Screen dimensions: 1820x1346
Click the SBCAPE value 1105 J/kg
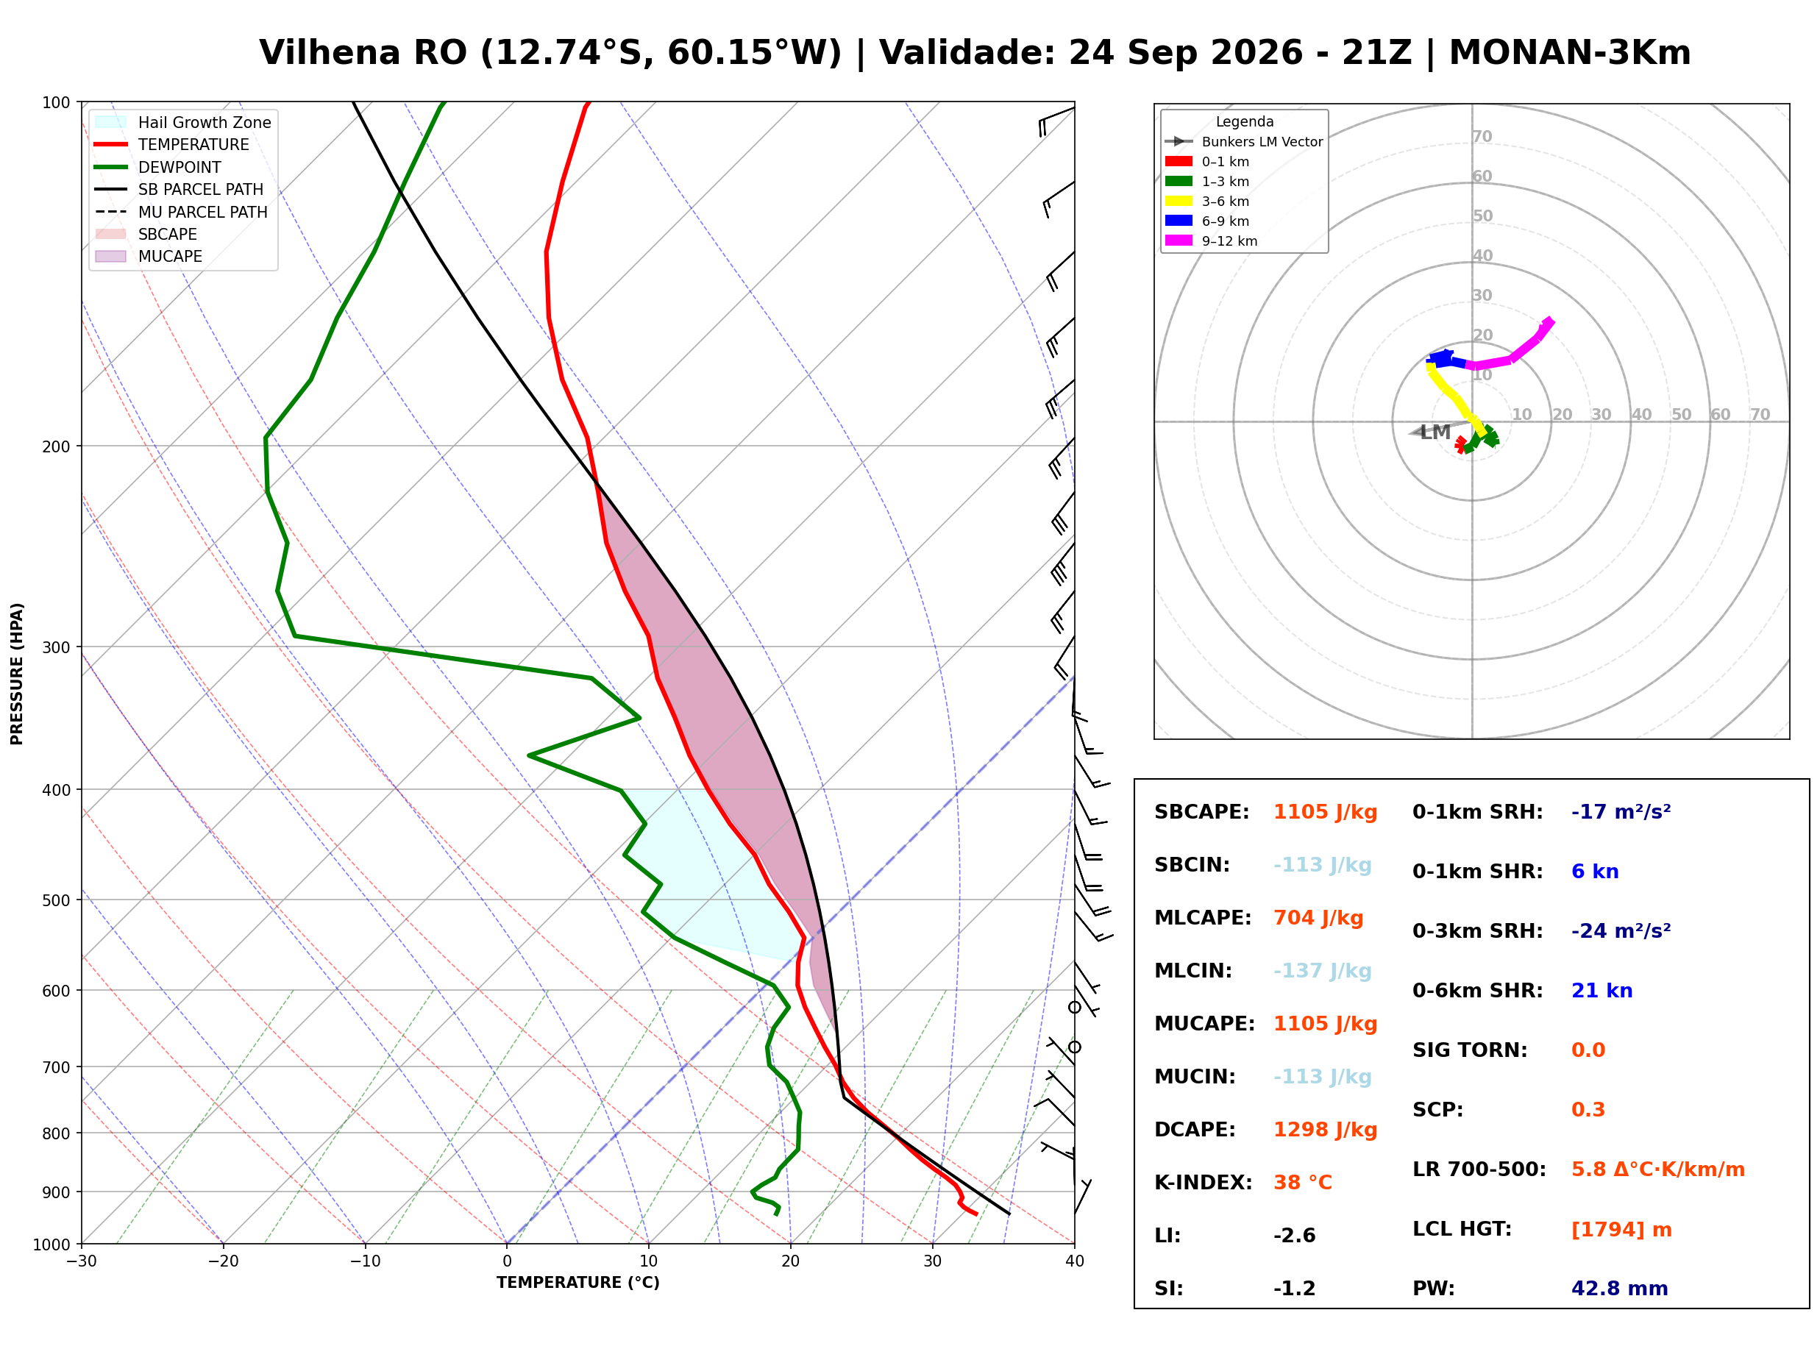tap(1326, 812)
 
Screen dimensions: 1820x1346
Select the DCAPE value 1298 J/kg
tap(1326, 1130)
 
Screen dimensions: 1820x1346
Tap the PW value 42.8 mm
tap(1620, 1289)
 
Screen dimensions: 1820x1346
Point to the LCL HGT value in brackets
tap(1621, 1230)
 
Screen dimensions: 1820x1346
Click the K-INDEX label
tap(1204, 1183)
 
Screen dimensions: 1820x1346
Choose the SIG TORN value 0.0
tap(1588, 1050)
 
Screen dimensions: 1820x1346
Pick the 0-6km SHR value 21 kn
tap(1602, 991)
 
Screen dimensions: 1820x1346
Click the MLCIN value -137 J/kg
tap(1322, 971)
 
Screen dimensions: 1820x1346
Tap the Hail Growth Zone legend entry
tap(183, 122)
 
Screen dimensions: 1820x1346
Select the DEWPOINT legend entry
tap(158, 167)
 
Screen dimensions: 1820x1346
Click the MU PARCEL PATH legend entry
tap(182, 212)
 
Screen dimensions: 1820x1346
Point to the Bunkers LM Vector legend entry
tap(1244, 142)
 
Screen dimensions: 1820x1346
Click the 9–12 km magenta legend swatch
tap(1178, 241)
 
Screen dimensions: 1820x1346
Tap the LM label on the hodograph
tap(1435, 432)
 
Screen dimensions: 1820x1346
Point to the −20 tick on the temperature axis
tap(223, 1261)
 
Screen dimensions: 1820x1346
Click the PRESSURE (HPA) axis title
tap(17, 674)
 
